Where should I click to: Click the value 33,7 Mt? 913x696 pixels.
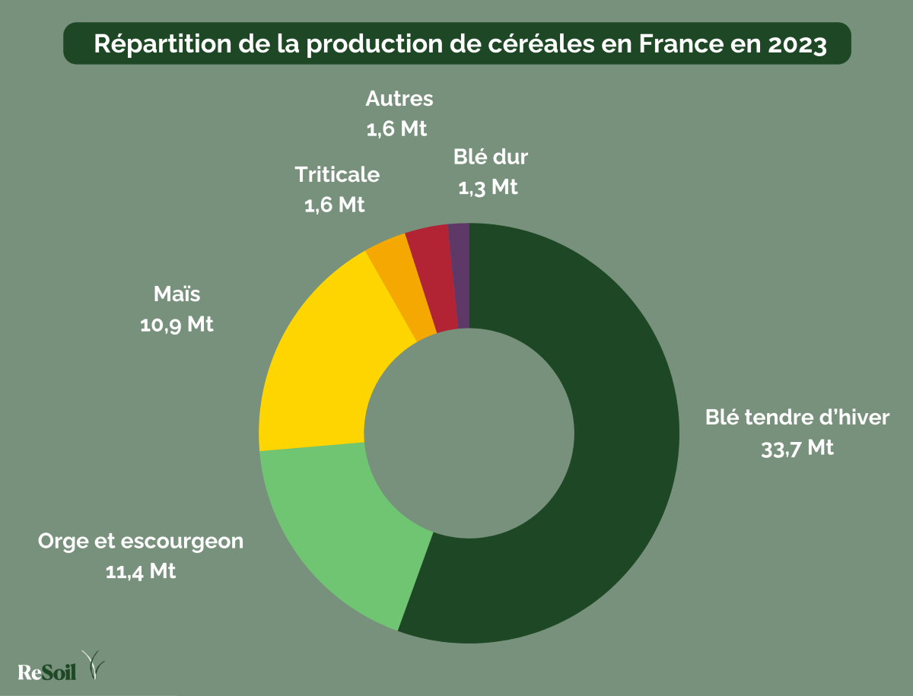797,448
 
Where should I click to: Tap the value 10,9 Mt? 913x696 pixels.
177,324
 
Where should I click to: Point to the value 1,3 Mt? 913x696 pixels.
488,186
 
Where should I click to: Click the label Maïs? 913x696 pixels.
177,294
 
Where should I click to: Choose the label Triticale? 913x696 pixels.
337,174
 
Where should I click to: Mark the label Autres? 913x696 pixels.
399,99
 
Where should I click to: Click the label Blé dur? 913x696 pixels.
491,157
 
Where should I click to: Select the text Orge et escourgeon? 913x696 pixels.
141,542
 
